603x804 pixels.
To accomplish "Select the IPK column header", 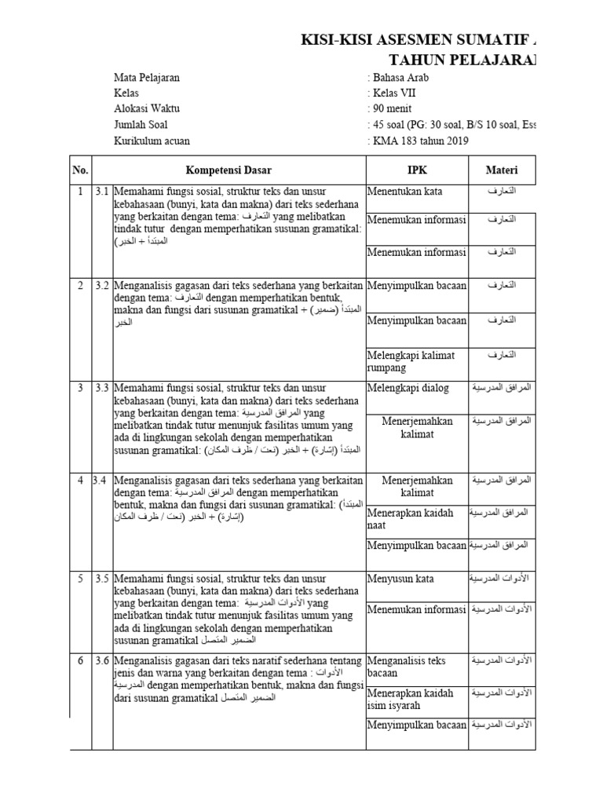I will click(x=416, y=170).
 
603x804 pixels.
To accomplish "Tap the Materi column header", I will click(x=500, y=170).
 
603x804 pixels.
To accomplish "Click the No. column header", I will click(x=80, y=170).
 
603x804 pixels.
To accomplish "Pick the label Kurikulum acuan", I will click(x=152, y=141).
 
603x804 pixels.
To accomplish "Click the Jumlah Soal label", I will click(x=141, y=125).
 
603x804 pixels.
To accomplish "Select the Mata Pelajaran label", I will click(x=147, y=78).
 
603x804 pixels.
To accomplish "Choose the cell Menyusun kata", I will click(x=400, y=579).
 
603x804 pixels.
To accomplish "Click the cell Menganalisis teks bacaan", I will click(x=406, y=667).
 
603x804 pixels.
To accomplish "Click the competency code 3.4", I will click(x=100, y=480).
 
